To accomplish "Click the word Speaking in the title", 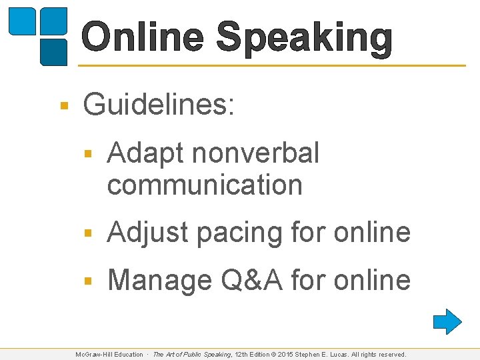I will tap(305, 37).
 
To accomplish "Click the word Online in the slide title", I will tap(143, 37).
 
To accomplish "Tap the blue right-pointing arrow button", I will tap(447, 321).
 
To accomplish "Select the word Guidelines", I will tap(159, 105).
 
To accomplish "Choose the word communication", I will tap(205, 185).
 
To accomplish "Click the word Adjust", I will tap(147, 232).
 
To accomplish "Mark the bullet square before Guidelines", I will tap(63, 106).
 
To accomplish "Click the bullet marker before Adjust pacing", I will tap(87, 233).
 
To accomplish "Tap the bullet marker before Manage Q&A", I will tap(87, 281).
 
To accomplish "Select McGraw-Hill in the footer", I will tap(99, 355).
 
